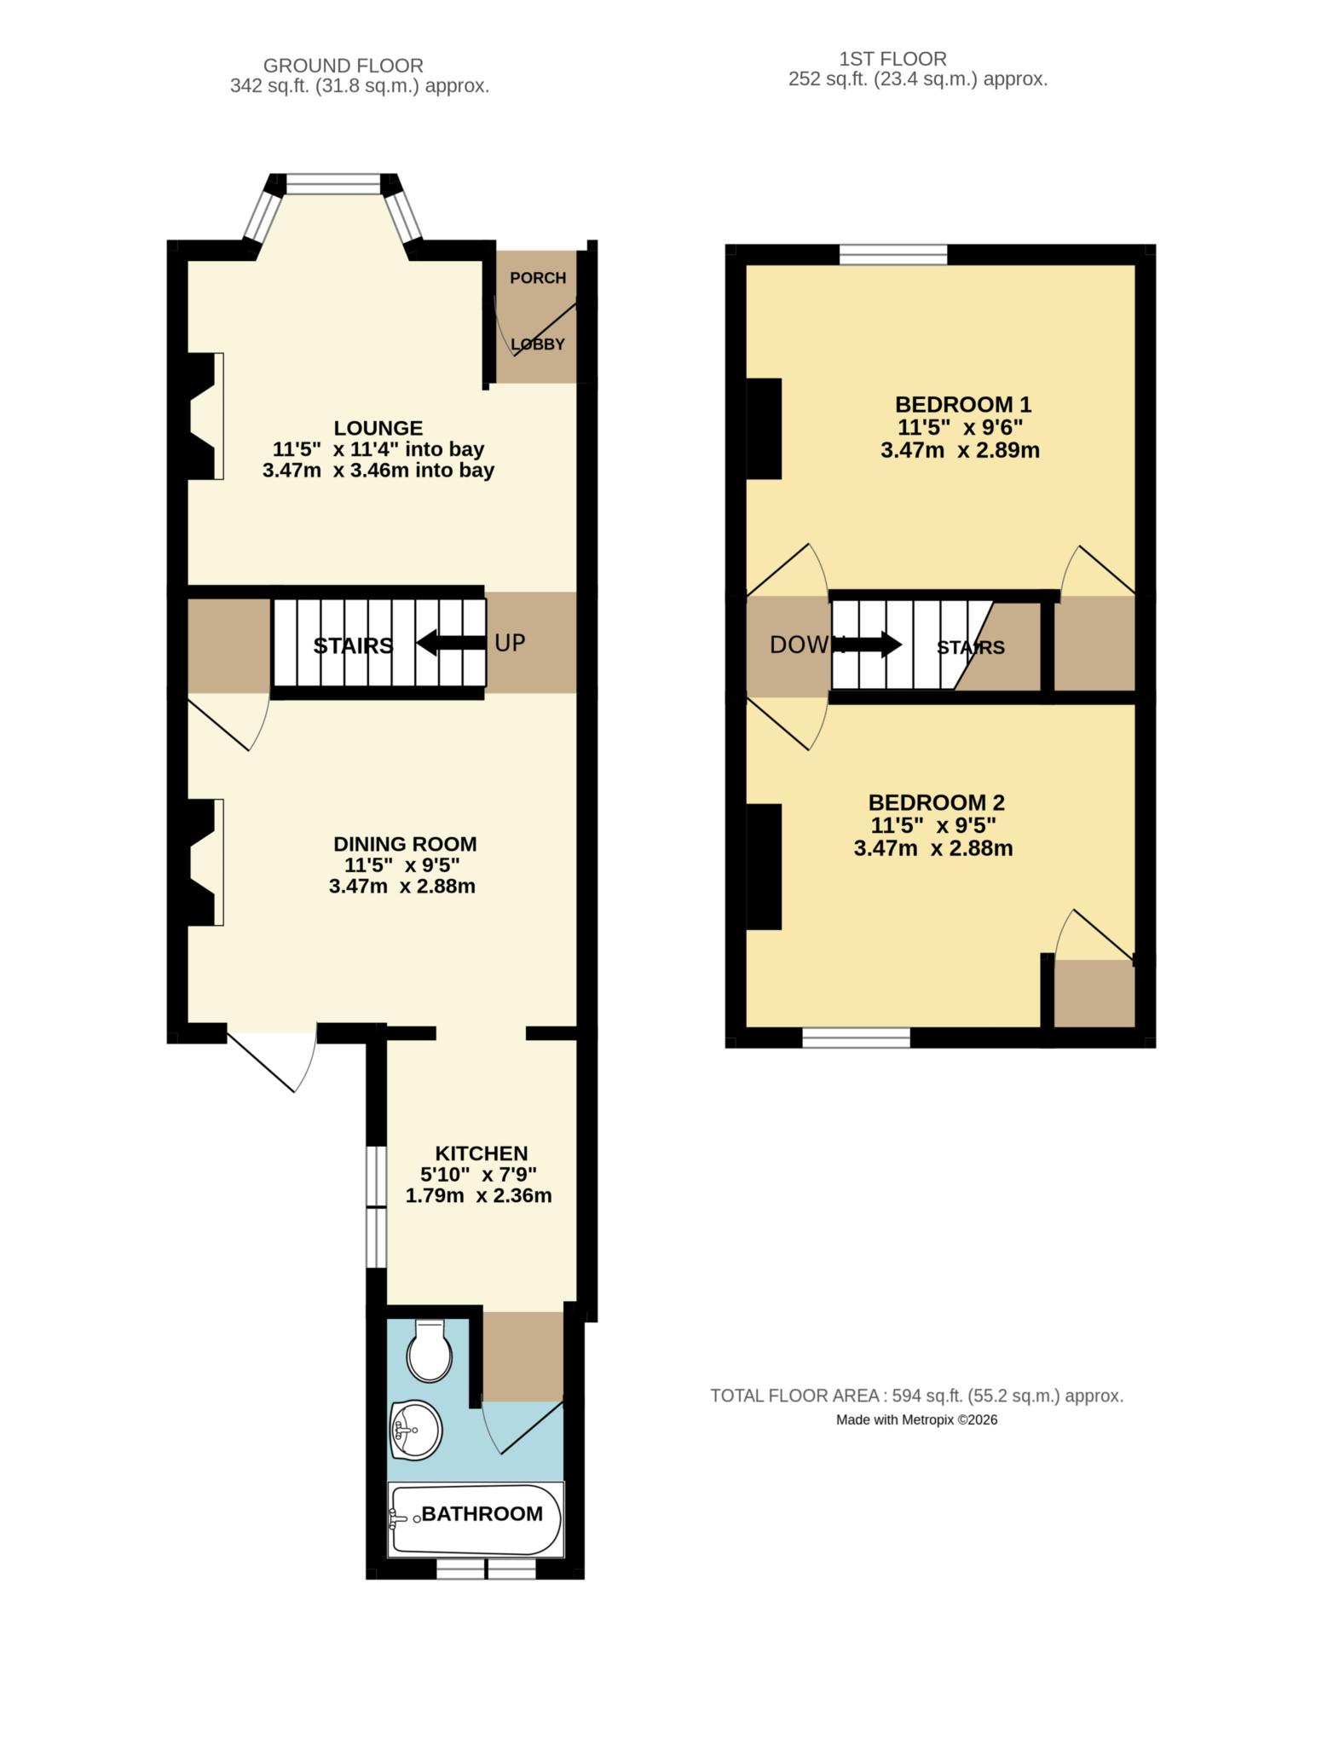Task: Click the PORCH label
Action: pyautogui.click(x=538, y=278)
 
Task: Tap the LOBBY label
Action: pyautogui.click(x=538, y=344)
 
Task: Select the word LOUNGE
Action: pyautogui.click(x=378, y=428)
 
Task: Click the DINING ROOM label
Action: pyautogui.click(x=405, y=844)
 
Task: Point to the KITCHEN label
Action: pyautogui.click(x=482, y=1153)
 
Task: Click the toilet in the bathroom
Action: pyautogui.click(x=429, y=1351)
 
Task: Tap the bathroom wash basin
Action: pyautogui.click(x=416, y=1429)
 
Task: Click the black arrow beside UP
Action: pyautogui.click(x=451, y=642)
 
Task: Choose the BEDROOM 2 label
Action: pyautogui.click(x=936, y=802)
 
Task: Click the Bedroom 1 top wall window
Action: pyautogui.click(x=893, y=254)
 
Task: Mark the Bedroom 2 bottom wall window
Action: pyautogui.click(x=856, y=1037)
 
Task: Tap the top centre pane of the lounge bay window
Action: pyautogui.click(x=332, y=183)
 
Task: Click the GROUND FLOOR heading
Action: pyautogui.click(x=343, y=66)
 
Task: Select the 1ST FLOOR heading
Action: pyautogui.click(x=892, y=59)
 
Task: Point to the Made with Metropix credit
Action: pyautogui.click(x=916, y=1419)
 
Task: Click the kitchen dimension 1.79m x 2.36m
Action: pyautogui.click(x=478, y=1195)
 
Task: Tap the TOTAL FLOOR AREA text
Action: pyautogui.click(x=916, y=1396)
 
